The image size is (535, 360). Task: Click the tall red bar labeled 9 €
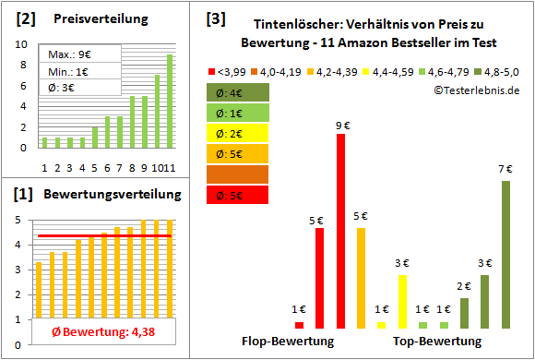[340, 231]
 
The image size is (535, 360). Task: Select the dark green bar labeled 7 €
[505, 254]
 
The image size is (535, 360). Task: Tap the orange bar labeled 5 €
[361, 278]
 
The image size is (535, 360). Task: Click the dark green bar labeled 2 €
[464, 313]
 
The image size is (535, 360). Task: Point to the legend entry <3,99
[231, 70]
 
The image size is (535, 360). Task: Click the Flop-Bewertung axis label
[288, 342]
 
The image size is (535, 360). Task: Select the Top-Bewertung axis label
[437, 342]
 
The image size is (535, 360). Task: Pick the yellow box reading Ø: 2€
[238, 133]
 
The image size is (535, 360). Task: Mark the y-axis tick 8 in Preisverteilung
[24, 63]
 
